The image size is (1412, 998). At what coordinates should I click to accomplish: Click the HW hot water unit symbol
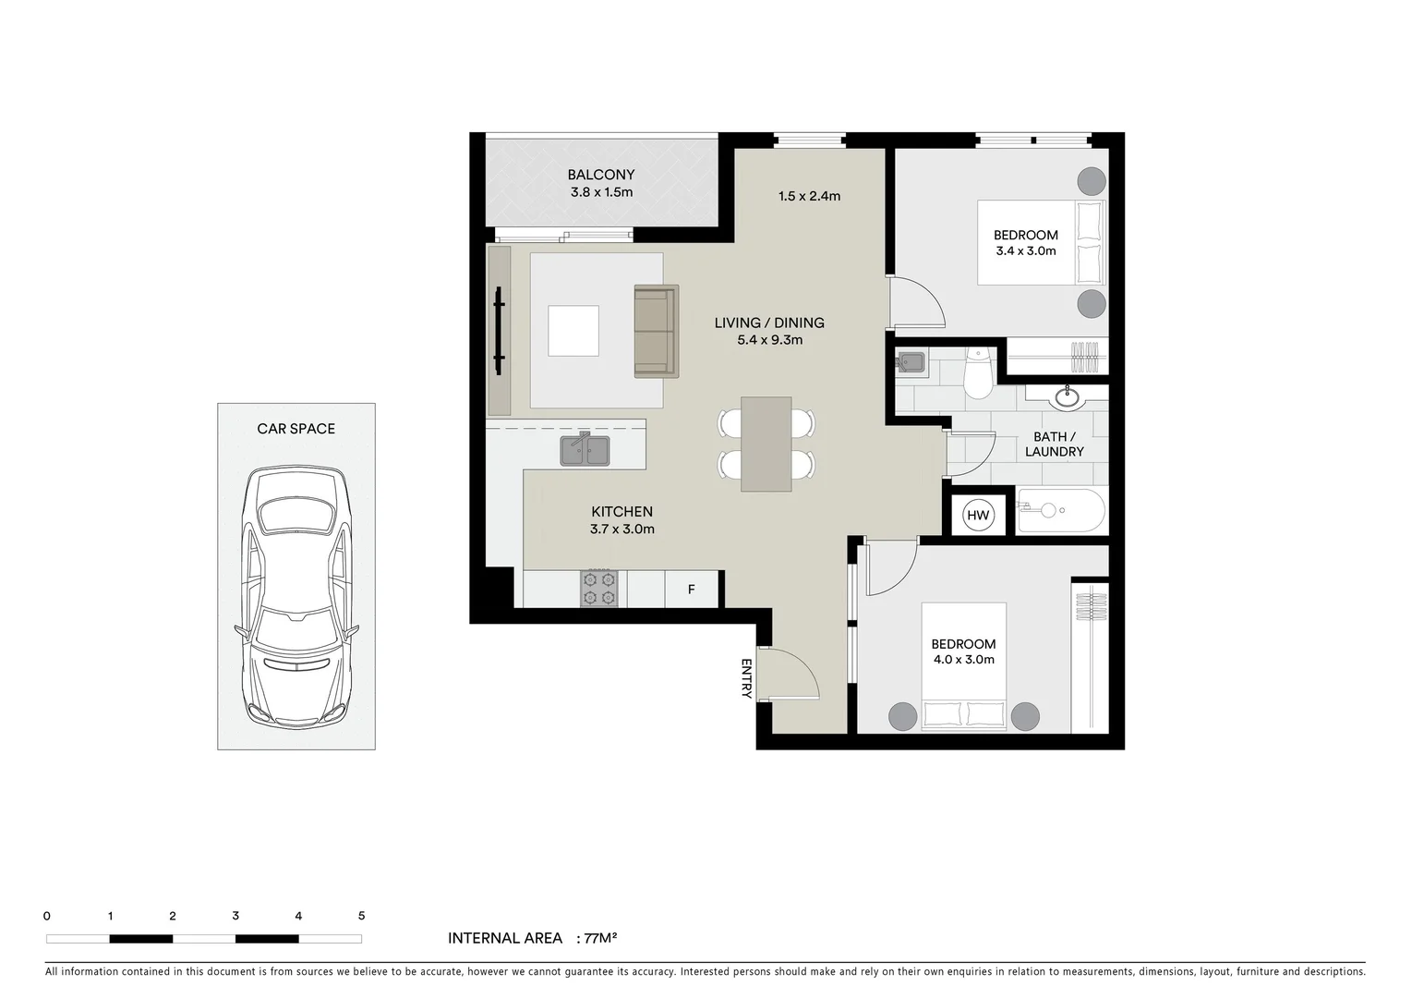pyautogui.click(x=978, y=516)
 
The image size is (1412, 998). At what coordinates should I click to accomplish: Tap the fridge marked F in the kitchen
pyautogui.click(x=692, y=590)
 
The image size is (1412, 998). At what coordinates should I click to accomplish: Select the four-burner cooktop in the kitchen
pyautogui.click(x=598, y=589)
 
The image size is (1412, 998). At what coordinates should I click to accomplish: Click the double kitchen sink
pyautogui.click(x=585, y=450)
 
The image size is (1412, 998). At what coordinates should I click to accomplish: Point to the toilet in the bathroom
pyautogui.click(x=978, y=375)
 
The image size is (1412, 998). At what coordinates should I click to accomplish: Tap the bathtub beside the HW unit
pyautogui.click(x=1061, y=510)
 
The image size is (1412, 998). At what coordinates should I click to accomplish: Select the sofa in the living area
pyautogui.click(x=657, y=331)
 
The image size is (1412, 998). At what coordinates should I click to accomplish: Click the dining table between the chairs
pyautogui.click(x=766, y=444)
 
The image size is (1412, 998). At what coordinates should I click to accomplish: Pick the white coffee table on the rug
pyautogui.click(x=573, y=331)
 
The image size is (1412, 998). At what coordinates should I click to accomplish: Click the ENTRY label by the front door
pyautogui.click(x=746, y=678)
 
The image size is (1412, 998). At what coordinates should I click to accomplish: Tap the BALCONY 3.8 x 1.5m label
pyautogui.click(x=601, y=183)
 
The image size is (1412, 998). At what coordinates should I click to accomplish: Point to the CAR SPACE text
pyautogui.click(x=296, y=429)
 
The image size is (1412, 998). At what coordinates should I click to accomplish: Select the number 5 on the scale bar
pyautogui.click(x=361, y=916)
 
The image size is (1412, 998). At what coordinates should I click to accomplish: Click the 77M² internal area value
pyautogui.click(x=600, y=938)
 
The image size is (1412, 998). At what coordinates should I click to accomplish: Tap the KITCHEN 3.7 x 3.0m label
pyautogui.click(x=622, y=520)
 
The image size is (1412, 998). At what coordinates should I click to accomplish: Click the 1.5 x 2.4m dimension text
pyautogui.click(x=809, y=196)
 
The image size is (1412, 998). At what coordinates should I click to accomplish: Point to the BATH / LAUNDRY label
pyautogui.click(x=1055, y=444)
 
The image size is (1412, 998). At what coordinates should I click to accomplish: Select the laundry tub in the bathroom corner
pyautogui.click(x=911, y=362)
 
